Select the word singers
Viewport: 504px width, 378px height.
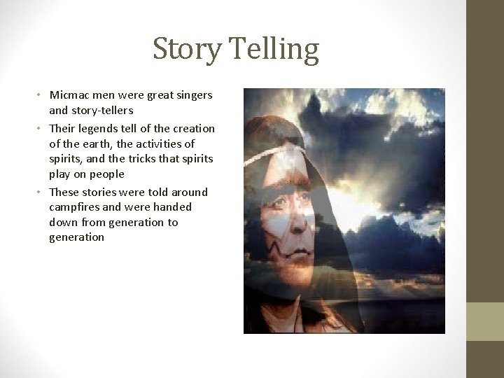click(x=192, y=94)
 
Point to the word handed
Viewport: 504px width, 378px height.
click(x=170, y=207)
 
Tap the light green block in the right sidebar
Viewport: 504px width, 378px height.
click(x=485, y=321)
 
